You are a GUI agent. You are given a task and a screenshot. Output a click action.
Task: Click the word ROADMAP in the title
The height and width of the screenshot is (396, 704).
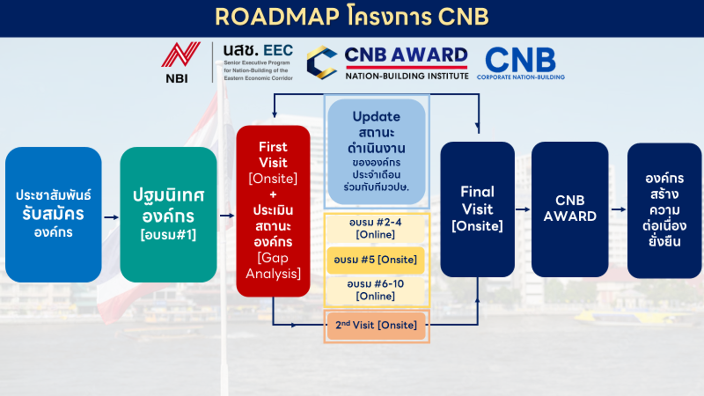pos(277,17)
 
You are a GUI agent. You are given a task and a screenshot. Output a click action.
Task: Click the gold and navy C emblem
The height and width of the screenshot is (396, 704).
pos(322,62)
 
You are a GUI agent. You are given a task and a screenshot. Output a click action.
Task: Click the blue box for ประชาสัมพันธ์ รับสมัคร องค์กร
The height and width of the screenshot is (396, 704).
pos(54,214)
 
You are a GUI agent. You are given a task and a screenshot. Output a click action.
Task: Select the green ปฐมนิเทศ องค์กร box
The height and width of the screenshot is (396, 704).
pos(169,214)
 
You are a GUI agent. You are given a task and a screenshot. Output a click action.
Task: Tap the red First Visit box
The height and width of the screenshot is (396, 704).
pos(273,210)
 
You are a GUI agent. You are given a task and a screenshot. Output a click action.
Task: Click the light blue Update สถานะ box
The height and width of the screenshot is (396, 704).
pos(376,151)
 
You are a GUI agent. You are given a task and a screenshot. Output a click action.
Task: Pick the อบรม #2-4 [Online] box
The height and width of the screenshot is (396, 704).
pos(375,228)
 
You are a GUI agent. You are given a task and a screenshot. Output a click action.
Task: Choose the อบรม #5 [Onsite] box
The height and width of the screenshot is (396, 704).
pos(375,260)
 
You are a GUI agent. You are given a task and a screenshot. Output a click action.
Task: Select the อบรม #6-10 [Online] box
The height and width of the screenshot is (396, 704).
pos(375,290)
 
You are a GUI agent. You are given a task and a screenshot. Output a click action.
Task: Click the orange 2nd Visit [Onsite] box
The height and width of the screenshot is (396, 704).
pos(376,325)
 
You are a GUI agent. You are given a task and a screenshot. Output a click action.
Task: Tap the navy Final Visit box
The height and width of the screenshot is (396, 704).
pos(477,209)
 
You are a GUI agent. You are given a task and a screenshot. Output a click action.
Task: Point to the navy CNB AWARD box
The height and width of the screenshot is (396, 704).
pos(570,209)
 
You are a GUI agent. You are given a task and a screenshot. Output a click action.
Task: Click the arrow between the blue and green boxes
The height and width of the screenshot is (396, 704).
pos(111,217)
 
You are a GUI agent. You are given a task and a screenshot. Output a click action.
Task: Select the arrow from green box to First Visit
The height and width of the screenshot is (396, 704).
pos(227,215)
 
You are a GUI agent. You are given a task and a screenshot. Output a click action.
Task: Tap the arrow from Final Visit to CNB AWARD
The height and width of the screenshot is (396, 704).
pos(523,209)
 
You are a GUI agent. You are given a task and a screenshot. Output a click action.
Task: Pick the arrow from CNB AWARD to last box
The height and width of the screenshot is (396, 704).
pos(618,209)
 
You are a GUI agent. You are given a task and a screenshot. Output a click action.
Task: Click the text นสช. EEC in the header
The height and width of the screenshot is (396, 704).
pos(258,51)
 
